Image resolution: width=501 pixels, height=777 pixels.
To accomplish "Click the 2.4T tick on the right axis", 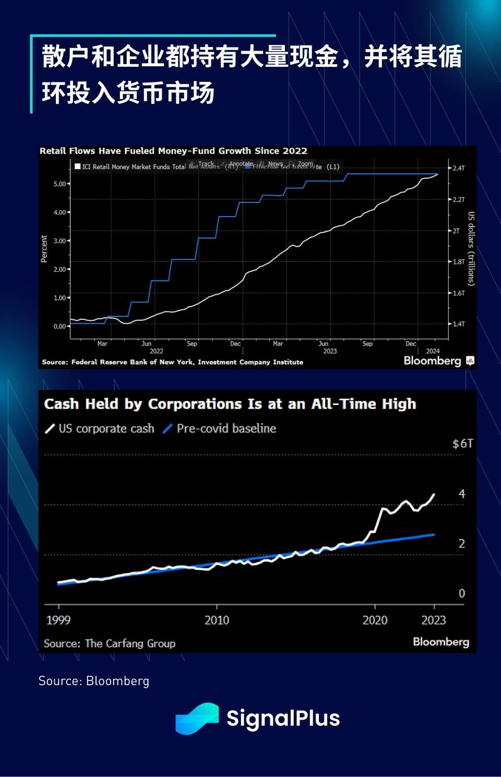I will tap(458, 168).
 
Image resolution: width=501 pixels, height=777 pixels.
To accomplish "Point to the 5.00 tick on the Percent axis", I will tap(60, 184).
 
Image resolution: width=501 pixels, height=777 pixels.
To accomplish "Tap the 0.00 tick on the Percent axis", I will tap(60, 327).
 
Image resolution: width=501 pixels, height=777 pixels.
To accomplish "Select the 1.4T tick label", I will tap(458, 324).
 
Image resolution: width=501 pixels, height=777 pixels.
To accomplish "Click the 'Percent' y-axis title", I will tap(44, 248).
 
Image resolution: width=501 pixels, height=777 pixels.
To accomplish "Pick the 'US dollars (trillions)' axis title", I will tap(471, 248).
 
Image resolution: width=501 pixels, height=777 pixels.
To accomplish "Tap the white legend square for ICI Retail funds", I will tap(78, 166).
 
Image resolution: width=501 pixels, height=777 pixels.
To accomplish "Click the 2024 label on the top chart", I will tap(433, 351).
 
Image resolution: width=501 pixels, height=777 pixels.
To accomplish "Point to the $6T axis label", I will tap(462, 444).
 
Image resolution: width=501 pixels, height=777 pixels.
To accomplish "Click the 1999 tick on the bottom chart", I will tap(58, 620).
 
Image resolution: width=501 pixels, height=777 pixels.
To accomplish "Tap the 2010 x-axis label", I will tap(217, 620).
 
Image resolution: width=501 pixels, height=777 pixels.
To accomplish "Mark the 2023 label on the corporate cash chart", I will tap(434, 620).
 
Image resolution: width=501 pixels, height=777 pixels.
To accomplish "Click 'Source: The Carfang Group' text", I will tap(110, 643).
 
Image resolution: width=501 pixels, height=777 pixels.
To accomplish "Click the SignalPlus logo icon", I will tap(197, 719).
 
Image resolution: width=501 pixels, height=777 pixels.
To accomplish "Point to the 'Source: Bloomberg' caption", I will tap(94, 681).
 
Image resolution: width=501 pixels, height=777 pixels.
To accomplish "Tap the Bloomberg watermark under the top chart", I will tap(433, 361).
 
